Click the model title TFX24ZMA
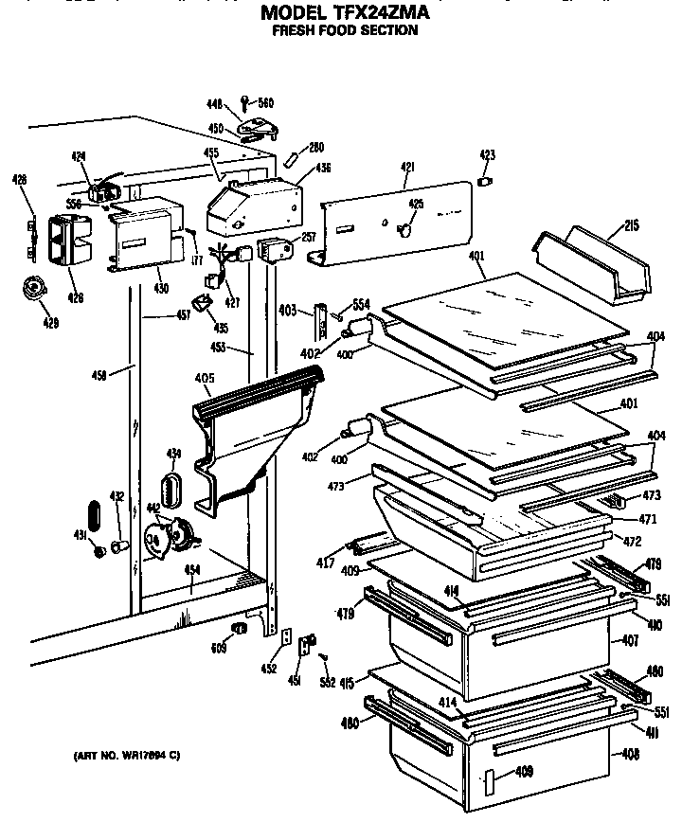345,13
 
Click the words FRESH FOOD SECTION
345,30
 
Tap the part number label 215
631,225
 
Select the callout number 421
407,168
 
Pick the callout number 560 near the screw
265,103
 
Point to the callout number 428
20,179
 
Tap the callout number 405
204,379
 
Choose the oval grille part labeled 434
171,491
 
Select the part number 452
270,669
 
